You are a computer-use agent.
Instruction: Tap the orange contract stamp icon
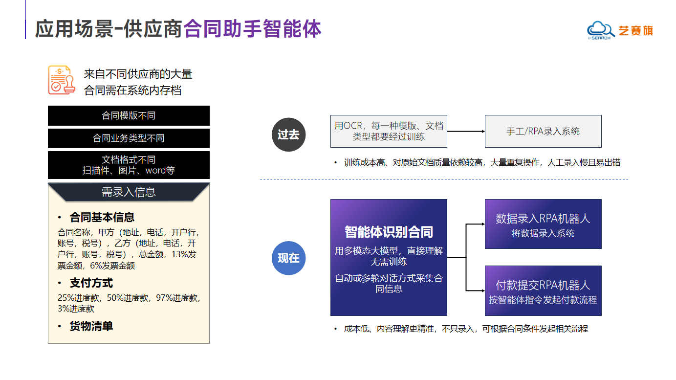coord(62,80)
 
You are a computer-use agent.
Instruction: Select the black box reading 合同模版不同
coord(129,116)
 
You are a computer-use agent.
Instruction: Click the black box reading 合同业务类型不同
coord(129,138)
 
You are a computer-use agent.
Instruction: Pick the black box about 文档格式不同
coord(129,165)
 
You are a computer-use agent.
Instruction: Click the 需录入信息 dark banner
coord(129,192)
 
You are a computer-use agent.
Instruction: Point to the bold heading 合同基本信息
coord(102,217)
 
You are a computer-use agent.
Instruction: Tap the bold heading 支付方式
coord(91,283)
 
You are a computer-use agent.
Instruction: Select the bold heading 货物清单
coord(91,326)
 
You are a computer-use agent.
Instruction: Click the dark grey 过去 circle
coord(288,134)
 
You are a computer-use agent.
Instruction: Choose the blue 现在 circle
coord(288,258)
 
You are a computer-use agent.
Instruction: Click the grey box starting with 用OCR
coord(389,131)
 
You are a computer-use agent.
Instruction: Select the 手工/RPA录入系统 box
coord(543,131)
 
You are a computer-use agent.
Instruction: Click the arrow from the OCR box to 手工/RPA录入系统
coord(466,131)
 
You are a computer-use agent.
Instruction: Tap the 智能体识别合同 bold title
coord(389,232)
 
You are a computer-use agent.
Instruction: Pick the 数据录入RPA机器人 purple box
coord(543,224)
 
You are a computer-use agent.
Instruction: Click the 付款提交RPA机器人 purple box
coord(543,291)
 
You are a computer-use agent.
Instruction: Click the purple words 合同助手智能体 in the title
coord(252,29)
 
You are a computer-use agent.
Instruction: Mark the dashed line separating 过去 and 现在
coord(444,179)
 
